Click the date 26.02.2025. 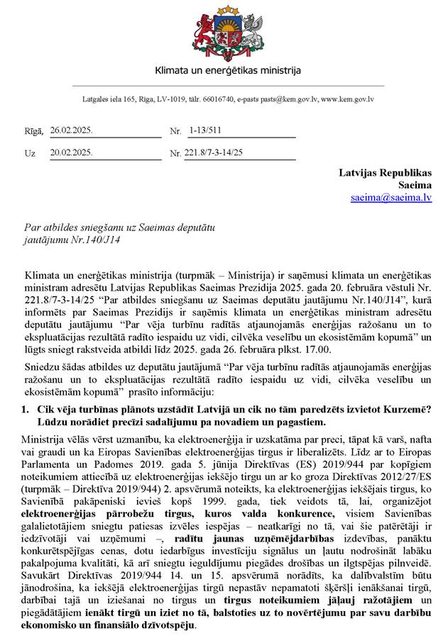point(72,131)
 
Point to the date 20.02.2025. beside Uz point(72,152)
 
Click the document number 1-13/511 point(205,131)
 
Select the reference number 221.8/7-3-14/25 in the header point(214,152)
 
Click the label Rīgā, point(34,131)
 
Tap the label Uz point(30,152)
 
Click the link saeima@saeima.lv point(391,198)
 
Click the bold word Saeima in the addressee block point(415,185)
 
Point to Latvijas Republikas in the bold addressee point(385,172)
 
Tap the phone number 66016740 point(216,100)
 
